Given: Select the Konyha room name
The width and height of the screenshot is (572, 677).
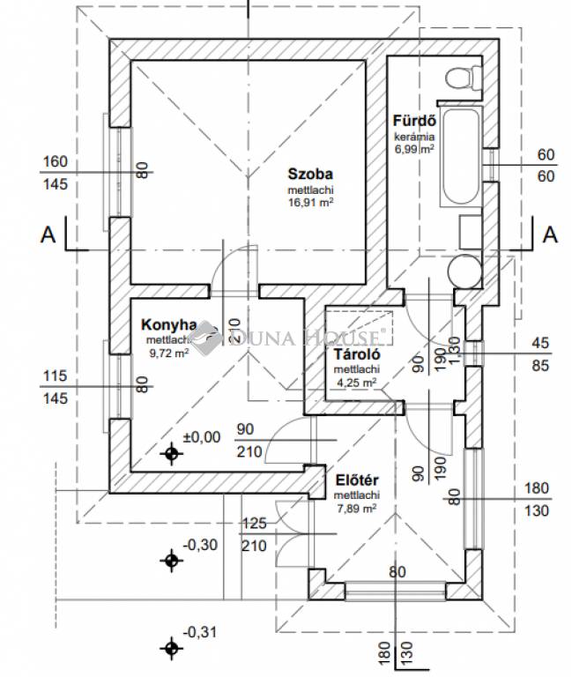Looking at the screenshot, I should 167,324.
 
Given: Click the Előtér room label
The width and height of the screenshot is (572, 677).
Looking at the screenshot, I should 357,480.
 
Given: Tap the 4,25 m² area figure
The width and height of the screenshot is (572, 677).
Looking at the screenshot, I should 356,383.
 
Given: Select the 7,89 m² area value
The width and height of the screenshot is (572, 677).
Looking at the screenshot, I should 357,508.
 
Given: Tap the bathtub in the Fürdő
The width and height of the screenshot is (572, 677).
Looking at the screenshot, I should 460,157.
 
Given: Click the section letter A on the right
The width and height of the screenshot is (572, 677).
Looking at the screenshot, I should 551,234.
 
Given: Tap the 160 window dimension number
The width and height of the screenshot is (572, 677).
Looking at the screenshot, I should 55,161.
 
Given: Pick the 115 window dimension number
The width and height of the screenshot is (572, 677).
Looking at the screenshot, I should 55,376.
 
